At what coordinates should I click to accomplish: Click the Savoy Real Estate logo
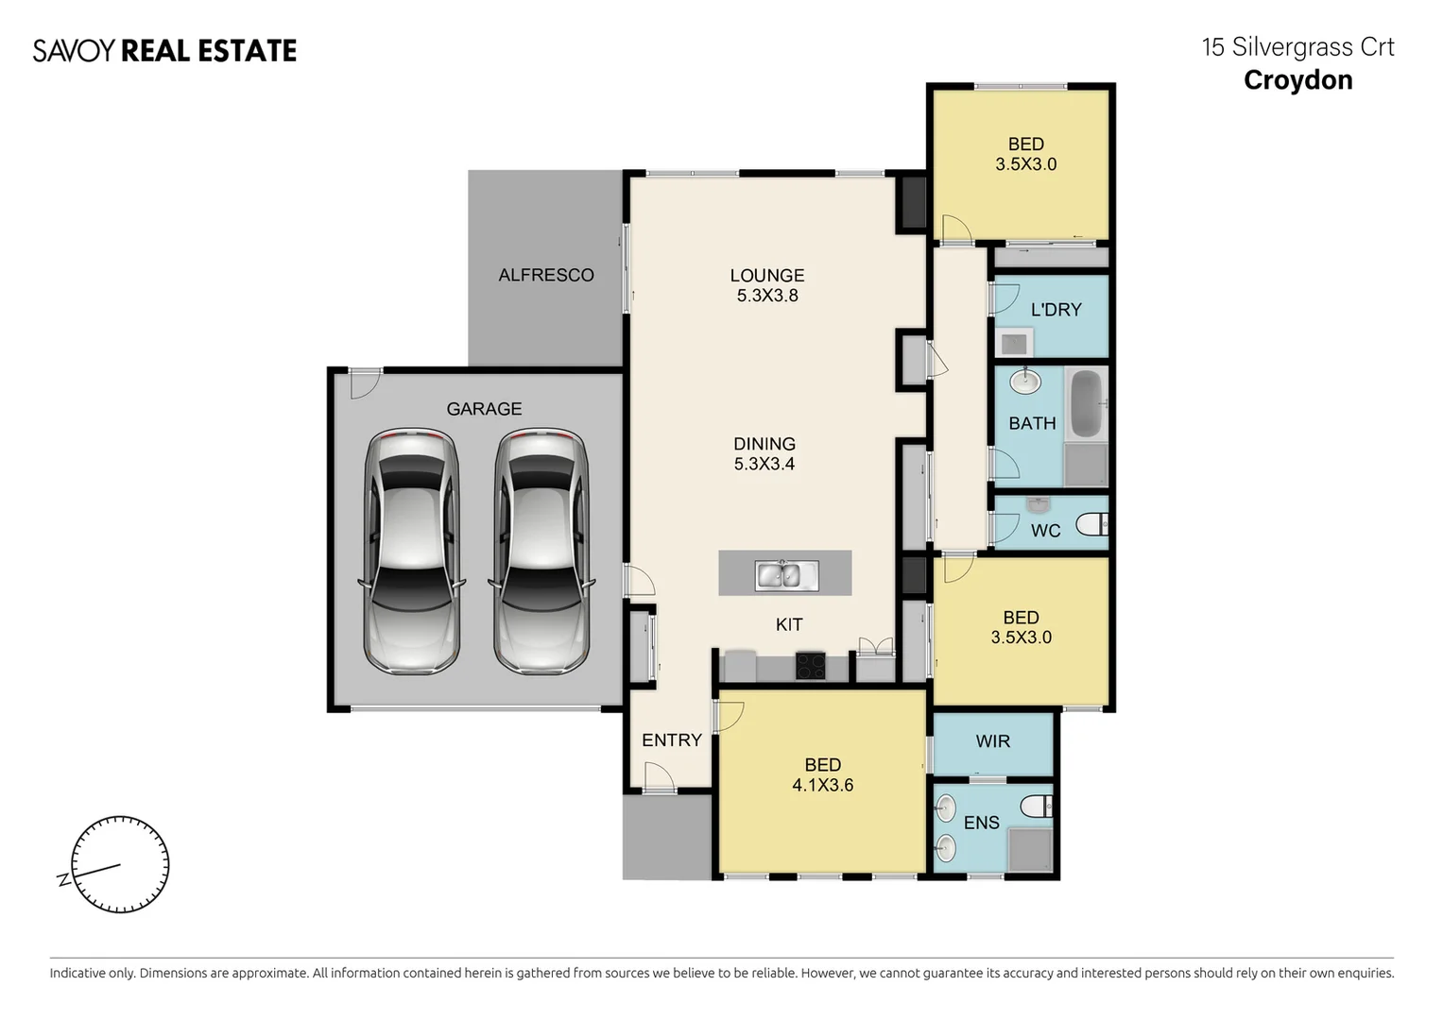[164, 50]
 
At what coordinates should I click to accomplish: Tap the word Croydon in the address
[1297, 80]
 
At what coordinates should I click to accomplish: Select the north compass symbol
[120, 865]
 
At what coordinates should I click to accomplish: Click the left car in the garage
[412, 552]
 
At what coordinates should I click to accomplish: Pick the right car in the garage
[541, 552]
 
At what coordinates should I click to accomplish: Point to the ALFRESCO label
[546, 275]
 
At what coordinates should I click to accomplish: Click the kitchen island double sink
[778, 574]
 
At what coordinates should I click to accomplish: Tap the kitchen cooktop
[810, 666]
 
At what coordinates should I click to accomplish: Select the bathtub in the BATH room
[1085, 404]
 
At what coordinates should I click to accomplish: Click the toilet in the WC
[1093, 523]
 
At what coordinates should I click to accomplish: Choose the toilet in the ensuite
[1037, 807]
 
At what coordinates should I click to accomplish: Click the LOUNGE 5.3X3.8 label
[766, 285]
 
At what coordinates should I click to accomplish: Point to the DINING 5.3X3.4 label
[764, 453]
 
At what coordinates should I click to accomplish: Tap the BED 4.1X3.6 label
[822, 774]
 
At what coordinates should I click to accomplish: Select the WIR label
[992, 741]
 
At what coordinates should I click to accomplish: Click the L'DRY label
[1056, 310]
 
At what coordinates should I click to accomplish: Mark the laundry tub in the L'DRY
[1014, 343]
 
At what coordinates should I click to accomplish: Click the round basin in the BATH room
[1025, 382]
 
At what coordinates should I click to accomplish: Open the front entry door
[659, 779]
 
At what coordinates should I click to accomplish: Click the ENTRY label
[671, 740]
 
